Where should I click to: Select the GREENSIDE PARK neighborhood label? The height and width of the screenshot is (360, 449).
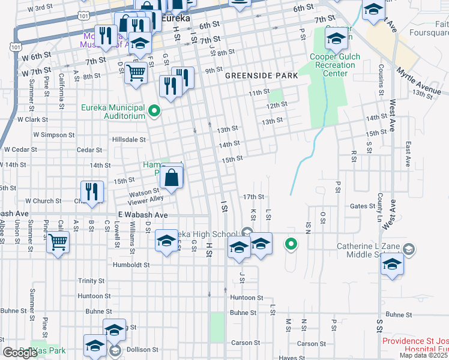262,76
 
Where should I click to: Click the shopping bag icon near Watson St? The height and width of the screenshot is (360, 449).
172,178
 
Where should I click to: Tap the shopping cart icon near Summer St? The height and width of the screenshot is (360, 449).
58,242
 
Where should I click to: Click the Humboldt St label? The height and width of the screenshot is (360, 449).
131,264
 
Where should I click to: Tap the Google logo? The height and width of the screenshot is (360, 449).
20,353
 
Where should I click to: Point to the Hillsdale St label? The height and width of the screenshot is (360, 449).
129,139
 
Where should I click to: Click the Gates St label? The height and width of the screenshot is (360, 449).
363,206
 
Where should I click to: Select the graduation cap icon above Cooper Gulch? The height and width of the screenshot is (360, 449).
337,39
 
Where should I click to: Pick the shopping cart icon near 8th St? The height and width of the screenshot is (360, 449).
136,73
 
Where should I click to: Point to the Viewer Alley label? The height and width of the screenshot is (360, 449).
145,199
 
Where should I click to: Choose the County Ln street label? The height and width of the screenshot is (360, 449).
380,205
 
